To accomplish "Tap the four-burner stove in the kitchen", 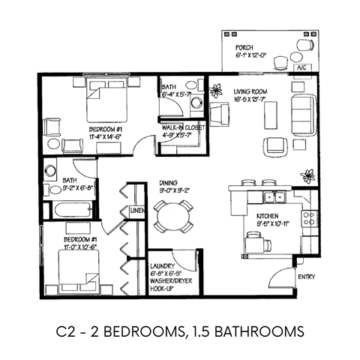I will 307,218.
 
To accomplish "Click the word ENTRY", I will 306,277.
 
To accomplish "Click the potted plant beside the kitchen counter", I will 307,176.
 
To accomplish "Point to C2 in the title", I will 65,331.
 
